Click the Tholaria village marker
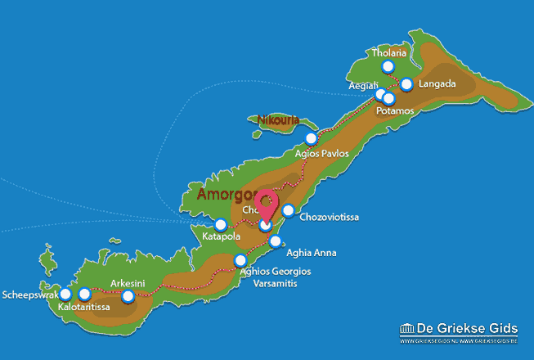click(388, 67)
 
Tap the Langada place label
click(437, 84)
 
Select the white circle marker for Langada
click(406, 84)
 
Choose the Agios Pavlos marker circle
click(310, 138)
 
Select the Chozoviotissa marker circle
click(288, 211)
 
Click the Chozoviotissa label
click(330, 218)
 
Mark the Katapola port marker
click(220, 224)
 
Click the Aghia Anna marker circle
click(276, 241)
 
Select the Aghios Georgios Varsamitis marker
click(240, 260)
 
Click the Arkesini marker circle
click(128, 296)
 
